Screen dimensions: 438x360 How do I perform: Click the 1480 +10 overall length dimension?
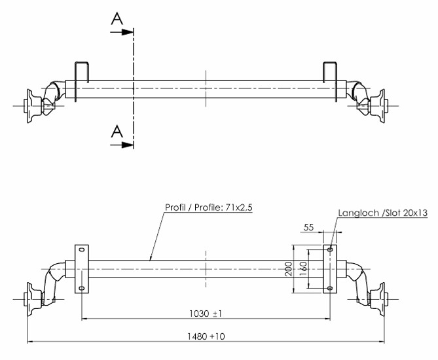pyautogui.click(x=206, y=336)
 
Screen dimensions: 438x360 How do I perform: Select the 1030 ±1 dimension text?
pyautogui.click(x=206, y=314)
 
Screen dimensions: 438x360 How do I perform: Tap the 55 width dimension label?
pyautogui.click(x=308, y=227)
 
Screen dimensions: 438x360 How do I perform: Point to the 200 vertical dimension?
pyautogui.click(x=289, y=268)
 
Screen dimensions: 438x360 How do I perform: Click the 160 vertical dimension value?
pyautogui.click(x=303, y=268)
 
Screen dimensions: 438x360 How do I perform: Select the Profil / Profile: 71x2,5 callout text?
pyautogui.click(x=209, y=207)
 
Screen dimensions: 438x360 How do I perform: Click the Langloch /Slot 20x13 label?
pyautogui.click(x=383, y=213)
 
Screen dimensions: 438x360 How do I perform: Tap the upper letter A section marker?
pyautogui.click(x=117, y=19)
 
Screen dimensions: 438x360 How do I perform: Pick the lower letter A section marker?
pyautogui.click(x=117, y=132)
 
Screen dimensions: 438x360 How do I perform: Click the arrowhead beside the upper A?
pyautogui.click(x=128, y=32)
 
